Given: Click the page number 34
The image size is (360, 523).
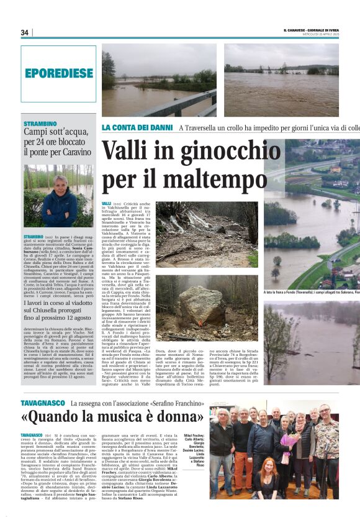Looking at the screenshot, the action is tap(25, 32).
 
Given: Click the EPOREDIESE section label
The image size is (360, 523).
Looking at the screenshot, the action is tap(58, 73).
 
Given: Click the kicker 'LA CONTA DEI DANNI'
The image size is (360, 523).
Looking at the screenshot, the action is tap(137, 127).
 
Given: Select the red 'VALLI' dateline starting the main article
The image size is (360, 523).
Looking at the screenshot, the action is tap(107, 204).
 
